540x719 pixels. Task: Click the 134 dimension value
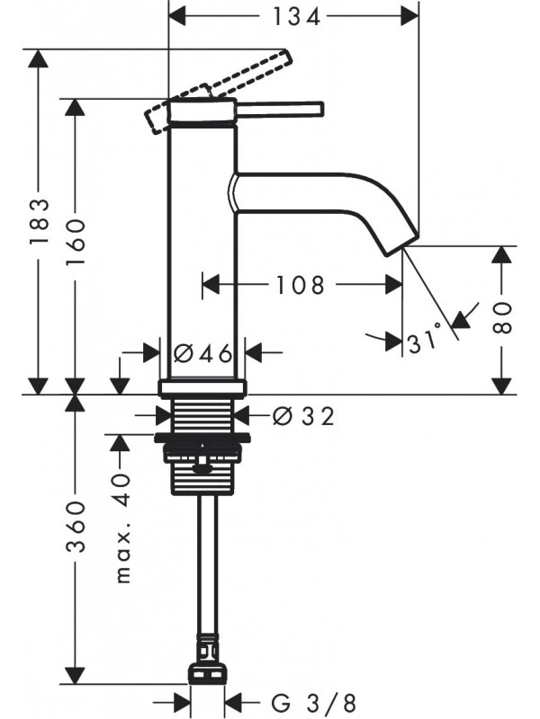click(x=295, y=16)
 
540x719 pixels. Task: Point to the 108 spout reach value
click(x=300, y=285)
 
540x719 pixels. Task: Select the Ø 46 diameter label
click(x=203, y=352)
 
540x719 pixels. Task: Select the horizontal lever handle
click(x=279, y=109)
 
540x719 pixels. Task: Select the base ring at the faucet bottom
click(x=202, y=388)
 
